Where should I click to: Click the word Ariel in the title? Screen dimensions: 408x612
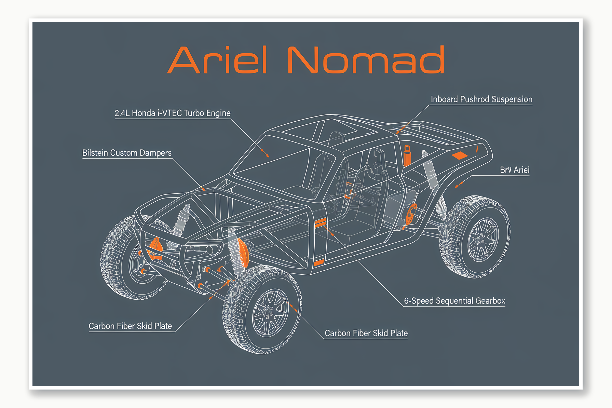[x=217, y=60]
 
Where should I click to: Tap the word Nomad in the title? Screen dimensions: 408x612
[x=366, y=60]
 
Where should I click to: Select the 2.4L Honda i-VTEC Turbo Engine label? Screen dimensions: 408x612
[x=173, y=113]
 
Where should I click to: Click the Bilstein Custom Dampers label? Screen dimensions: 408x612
[x=127, y=153]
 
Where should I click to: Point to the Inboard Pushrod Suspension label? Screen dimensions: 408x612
[x=481, y=99]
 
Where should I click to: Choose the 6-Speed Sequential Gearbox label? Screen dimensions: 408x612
[x=454, y=301]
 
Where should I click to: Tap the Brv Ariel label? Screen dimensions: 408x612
[x=515, y=170]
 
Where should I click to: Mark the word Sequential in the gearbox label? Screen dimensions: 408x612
[x=454, y=301]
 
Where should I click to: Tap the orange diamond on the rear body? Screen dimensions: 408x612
[x=460, y=156]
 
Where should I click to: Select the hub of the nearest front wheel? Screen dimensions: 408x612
[x=270, y=313]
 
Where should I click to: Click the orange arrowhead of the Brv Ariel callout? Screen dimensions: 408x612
[x=457, y=186]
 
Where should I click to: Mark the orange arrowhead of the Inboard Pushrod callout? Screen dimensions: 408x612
[x=398, y=132]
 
